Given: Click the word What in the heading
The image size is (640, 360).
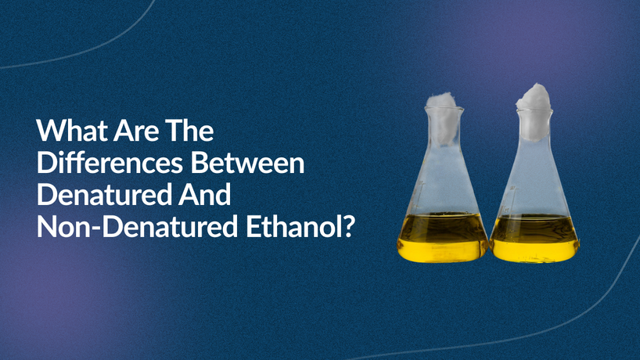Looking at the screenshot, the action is (72, 130).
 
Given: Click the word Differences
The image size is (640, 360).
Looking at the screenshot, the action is (110, 163).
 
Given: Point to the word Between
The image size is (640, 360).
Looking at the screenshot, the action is (247, 163).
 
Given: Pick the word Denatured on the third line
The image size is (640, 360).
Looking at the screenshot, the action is (104, 195).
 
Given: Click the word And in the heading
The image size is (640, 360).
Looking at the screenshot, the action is (204, 195).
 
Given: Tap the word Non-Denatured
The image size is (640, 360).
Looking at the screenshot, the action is (137, 227).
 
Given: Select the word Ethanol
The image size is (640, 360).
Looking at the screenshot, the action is (293, 227).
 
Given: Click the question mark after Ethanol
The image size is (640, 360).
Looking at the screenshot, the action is (347, 227).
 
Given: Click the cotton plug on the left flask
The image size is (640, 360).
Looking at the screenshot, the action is (443, 117).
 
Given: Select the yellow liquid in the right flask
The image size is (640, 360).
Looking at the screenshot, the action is (534, 238).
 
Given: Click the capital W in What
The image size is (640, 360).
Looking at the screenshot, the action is (50, 130).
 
